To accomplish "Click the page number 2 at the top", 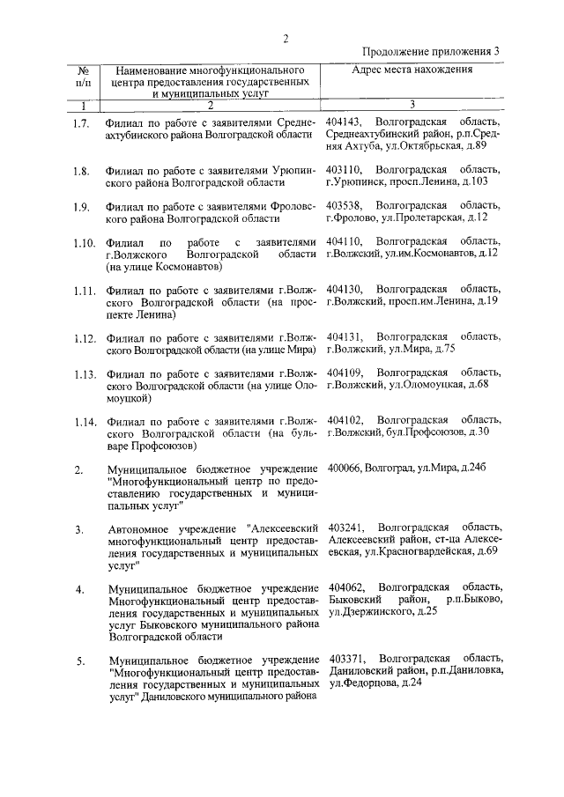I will coord(286,37).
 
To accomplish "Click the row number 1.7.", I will coord(82,123).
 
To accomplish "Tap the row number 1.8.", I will coord(82,172).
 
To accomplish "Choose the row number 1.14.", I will coord(84,421).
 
